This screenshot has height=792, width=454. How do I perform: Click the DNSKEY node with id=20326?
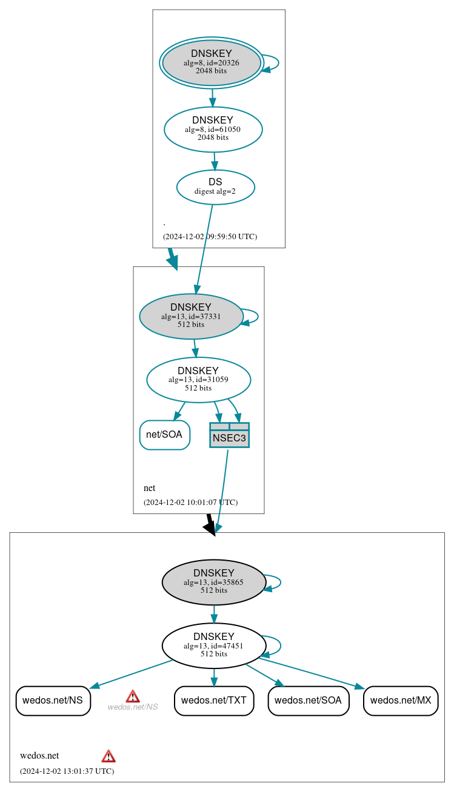[212, 62]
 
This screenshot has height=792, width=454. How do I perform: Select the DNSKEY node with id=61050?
[213, 130]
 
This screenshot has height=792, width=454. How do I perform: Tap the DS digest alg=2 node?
[215, 187]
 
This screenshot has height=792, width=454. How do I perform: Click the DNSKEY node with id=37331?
[191, 316]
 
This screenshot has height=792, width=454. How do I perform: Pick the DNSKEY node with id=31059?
[198, 380]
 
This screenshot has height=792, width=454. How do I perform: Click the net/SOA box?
[164, 435]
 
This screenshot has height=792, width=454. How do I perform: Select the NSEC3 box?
[229, 435]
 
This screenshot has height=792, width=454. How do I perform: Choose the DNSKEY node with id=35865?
[213, 582]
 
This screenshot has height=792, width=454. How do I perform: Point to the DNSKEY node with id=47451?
[213, 645]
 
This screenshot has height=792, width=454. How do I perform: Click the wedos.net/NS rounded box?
[53, 701]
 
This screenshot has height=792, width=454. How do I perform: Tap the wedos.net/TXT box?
[213, 701]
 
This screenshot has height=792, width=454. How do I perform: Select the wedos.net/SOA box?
[308, 701]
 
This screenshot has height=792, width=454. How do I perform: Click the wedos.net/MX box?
[400, 701]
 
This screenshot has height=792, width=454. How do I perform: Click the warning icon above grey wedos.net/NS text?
[133, 696]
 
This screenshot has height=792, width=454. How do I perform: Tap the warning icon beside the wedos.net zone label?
[108, 756]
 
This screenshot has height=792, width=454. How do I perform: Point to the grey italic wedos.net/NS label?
[133, 707]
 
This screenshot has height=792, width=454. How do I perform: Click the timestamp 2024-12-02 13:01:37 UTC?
[67, 771]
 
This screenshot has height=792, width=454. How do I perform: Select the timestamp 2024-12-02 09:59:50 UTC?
[210, 237]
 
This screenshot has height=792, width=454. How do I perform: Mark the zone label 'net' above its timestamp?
[149, 488]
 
